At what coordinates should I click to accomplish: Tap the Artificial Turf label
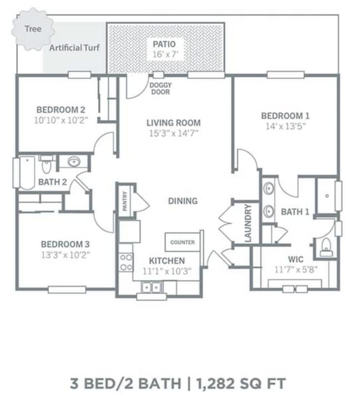(74, 48)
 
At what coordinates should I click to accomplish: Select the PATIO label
(165, 43)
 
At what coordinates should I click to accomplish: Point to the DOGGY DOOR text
(161, 88)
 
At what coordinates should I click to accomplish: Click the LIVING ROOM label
(173, 123)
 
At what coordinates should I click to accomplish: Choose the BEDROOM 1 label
(285, 116)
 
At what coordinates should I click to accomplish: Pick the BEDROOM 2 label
(61, 109)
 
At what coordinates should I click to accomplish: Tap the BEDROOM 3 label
(65, 244)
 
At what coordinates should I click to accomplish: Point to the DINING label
(183, 201)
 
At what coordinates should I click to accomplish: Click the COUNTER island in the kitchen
(182, 243)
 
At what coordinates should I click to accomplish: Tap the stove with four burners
(126, 261)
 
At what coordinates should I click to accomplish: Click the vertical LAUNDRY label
(248, 223)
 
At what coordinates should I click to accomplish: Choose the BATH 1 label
(295, 212)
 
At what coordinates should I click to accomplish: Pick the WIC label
(294, 259)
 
